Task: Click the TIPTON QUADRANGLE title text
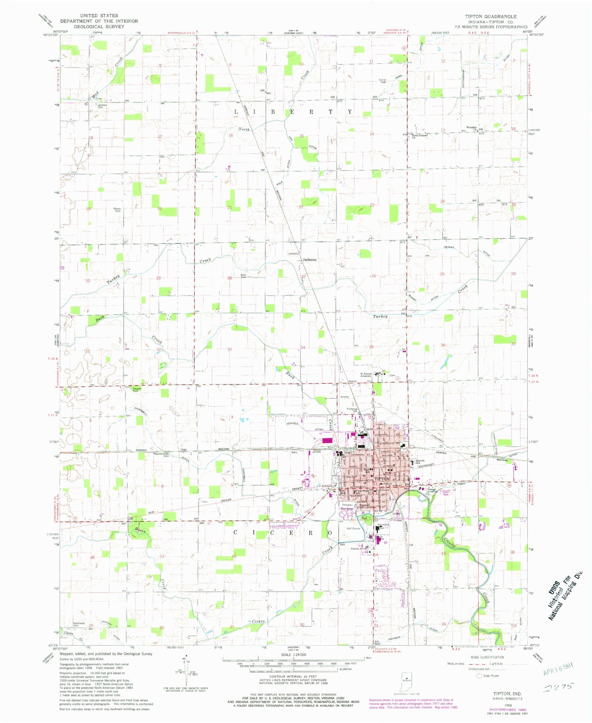click(x=491, y=16)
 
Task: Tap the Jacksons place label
click(x=310, y=260)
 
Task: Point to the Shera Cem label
click(x=117, y=210)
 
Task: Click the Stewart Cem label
click(x=137, y=389)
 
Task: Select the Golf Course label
click(x=353, y=528)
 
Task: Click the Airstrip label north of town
click(x=344, y=397)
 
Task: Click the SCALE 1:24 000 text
click(x=291, y=655)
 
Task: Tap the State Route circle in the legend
click(x=480, y=676)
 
